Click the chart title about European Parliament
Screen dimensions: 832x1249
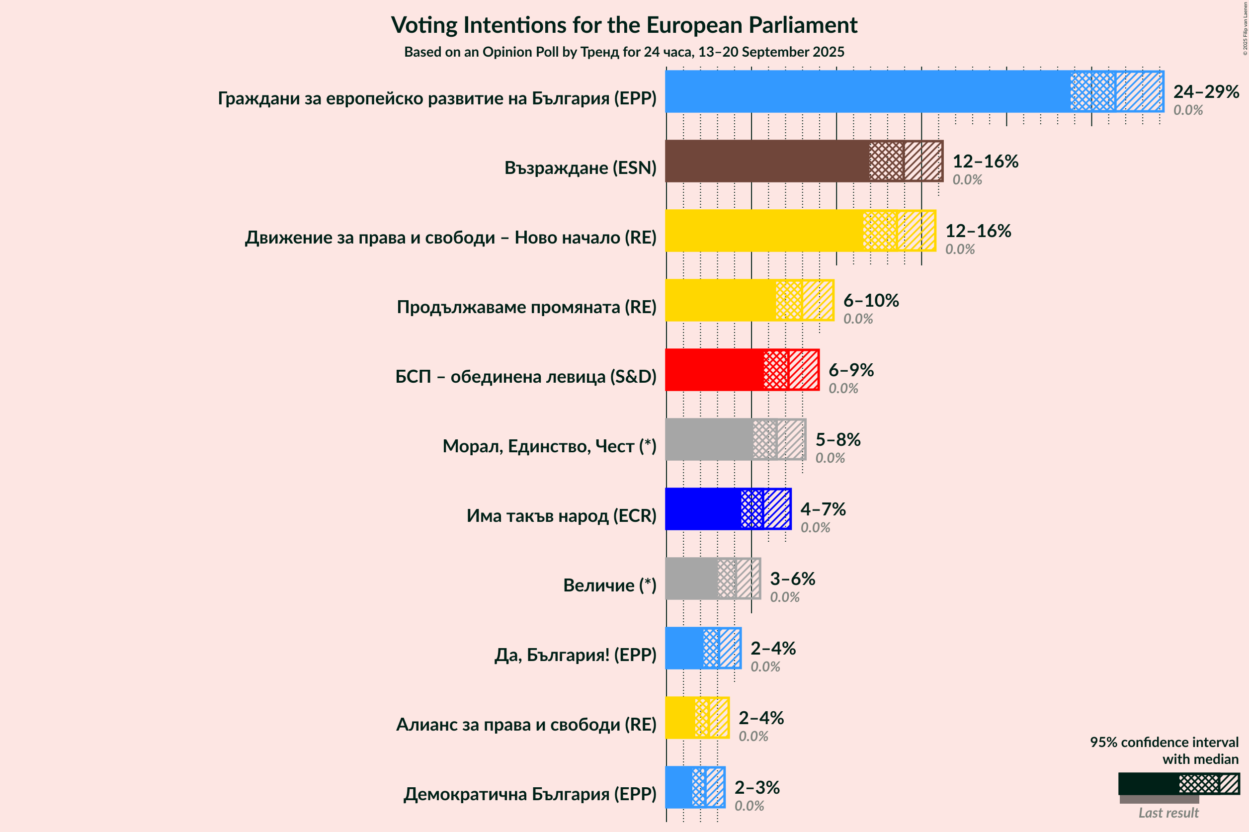tap(624, 25)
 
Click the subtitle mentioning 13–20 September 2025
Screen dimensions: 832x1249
tap(624, 52)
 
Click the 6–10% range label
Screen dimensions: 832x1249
tap(871, 300)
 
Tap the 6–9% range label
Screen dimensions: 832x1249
tap(850, 370)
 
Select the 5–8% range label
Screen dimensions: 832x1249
tap(837, 439)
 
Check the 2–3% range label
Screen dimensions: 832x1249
tap(756, 787)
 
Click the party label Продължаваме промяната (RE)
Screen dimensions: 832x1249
tap(526, 307)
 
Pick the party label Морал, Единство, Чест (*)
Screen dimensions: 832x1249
tap(549, 446)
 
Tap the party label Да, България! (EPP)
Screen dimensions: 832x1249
tap(575, 655)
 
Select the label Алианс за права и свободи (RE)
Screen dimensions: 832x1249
tap(526, 724)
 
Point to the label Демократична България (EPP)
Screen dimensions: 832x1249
tap(529, 794)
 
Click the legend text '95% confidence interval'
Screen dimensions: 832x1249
tap(1164, 742)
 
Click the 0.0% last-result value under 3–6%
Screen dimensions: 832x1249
tap(784, 597)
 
